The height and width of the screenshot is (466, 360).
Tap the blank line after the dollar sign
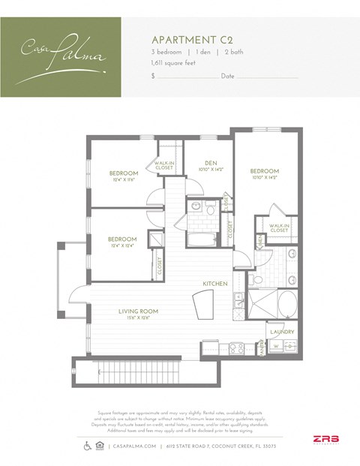(187, 77)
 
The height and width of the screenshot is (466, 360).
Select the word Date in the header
(228, 77)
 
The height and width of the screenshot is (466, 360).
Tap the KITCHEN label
(214, 283)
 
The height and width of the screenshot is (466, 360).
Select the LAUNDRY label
(281, 332)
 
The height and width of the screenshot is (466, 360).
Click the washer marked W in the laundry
(277, 346)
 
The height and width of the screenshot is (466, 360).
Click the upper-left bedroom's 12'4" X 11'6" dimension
(123, 180)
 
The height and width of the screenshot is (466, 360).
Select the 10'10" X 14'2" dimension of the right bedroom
(264, 178)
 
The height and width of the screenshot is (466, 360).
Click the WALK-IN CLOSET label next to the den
(165, 165)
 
